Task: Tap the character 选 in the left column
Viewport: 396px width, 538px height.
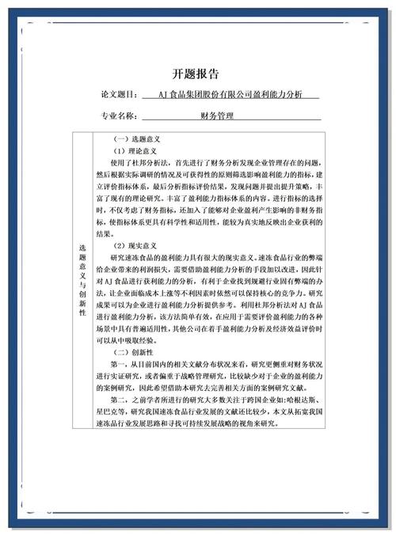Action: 82,248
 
